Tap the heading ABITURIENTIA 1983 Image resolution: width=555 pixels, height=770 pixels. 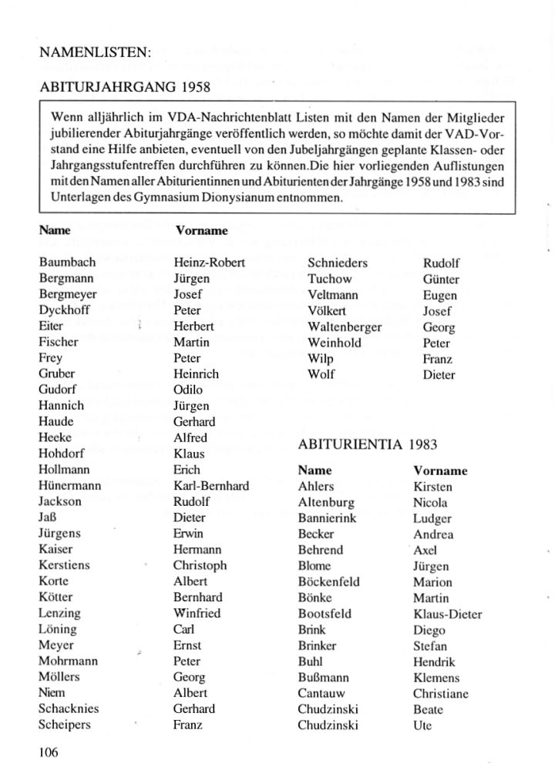(x=358, y=445)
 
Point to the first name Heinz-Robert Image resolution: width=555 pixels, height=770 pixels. (x=209, y=263)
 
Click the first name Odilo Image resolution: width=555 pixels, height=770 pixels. (x=189, y=390)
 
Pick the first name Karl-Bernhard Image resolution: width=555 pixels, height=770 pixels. (x=211, y=486)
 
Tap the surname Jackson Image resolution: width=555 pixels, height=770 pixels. (x=60, y=501)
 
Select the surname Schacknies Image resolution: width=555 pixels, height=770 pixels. (x=69, y=708)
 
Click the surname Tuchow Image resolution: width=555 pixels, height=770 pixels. (x=329, y=279)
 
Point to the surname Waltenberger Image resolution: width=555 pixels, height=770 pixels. (x=345, y=326)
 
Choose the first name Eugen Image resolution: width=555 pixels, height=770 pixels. (x=439, y=295)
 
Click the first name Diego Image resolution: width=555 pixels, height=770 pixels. (x=429, y=630)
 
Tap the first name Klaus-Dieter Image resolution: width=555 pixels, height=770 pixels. (x=447, y=614)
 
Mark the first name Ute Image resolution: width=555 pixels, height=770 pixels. (x=422, y=725)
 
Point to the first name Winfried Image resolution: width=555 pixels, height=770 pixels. (x=197, y=613)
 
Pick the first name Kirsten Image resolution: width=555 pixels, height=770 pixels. (x=432, y=487)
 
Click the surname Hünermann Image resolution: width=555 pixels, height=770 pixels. (x=69, y=486)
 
